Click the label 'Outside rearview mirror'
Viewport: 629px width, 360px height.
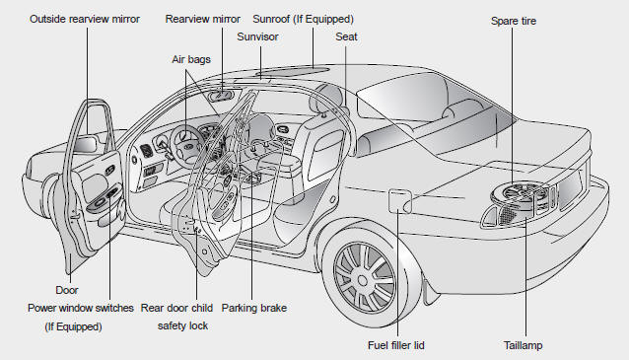tap(85, 19)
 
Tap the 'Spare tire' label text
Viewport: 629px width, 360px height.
tap(514, 21)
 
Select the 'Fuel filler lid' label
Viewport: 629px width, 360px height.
tap(396, 345)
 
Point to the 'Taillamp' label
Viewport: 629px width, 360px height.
tap(524, 345)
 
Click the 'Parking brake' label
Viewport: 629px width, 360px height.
tap(254, 308)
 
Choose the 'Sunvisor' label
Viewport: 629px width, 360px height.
tap(257, 36)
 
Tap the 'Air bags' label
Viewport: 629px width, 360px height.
tap(191, 59)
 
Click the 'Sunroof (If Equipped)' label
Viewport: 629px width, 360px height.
tap(304, 19)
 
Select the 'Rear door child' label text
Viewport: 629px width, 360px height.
tap(176, 308)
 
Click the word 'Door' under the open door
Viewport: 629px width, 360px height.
tap(67, 290)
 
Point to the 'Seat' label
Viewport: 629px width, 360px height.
tap(346, 36)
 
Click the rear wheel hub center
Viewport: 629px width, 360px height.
tap(363, 280)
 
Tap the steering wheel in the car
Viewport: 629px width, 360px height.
tap(187, 144)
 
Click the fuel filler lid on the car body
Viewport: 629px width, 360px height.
tap(400, 200)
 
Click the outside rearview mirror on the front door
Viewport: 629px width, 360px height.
tap(85, 144)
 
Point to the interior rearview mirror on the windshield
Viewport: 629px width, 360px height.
tap(220, 96)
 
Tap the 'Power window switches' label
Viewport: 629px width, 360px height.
tap(81, 308)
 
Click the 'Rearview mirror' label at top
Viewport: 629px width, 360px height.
tap(202, 19)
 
